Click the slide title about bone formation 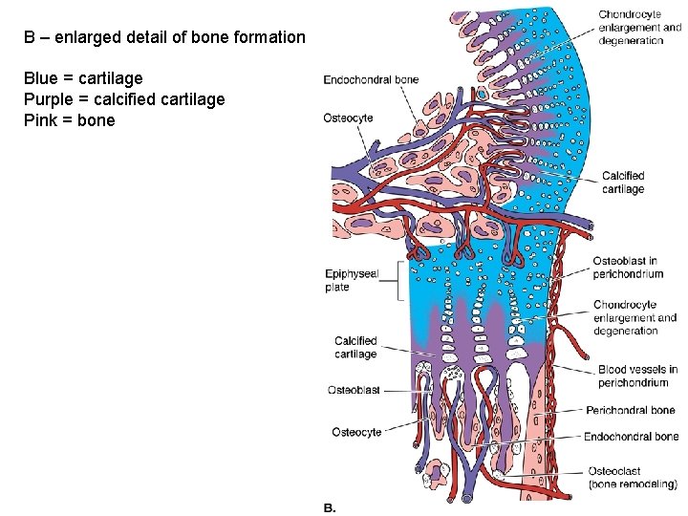pyautogui.click(x=165, y=38)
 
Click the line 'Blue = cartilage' pyautogui.click(x=83, y=78)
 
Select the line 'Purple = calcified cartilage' pyautogui.click(x=124, y=99)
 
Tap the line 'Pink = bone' pyautogui.click(x=69, y=120)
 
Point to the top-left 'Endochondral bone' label pyautogui.click(x=371, y=79)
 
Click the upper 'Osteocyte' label pyautogui.click(x=348, y=118)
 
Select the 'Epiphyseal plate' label pyautogui.click(x=352, y=280)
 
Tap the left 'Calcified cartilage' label pyautogui.click(x=355, y=347)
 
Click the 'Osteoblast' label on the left pyautogui.click(x=354, y=390)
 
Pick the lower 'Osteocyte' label pyautogui.click(x=356, y=432)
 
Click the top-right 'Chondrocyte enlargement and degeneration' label pyautogui.click(x=639, y=28)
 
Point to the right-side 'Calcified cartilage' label pyautogui.click(x=623, y=183)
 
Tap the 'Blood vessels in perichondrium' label pyautogui.click(x=637, y=376)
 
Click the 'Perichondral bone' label pyautogui.click(x=631, y=411)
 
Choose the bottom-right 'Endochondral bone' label pyautogui.click(x=631, y=437)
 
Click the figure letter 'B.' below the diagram pyautogui.click(x=330, y=507)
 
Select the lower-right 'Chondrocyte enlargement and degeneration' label pyautogui.click(x=634, y=318)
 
